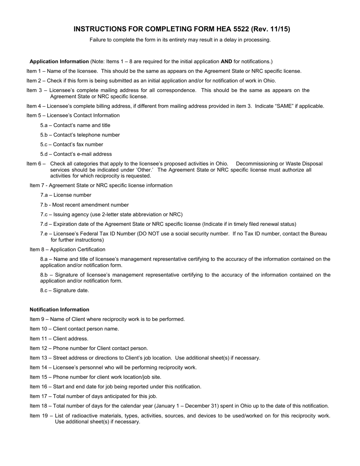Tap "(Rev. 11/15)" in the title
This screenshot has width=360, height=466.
coord(273,29)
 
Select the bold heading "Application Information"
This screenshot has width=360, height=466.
coord(59,61)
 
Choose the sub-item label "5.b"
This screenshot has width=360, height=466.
coord(45,135)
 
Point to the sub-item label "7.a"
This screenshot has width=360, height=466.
coord(45,195)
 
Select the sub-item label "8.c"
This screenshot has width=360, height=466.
coord(45,291)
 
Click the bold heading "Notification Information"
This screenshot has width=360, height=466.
coord(59,310)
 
